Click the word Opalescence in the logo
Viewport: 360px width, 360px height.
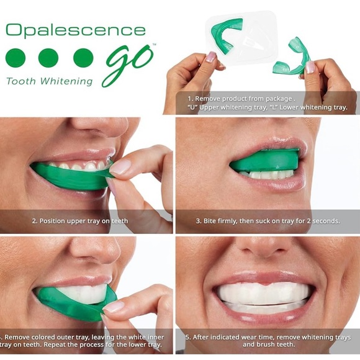pyautogui.click(x=75, y=31)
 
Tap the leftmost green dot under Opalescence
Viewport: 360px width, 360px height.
pyautogui.click(x=16, y=58)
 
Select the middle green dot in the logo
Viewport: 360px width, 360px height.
pyautogui.click(x=48, y=58)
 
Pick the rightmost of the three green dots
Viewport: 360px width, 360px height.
pyautogui.click(x=83, y=58)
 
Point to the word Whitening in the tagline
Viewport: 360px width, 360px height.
pyautogui.click(x=68, y=81)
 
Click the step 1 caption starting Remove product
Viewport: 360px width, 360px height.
pyautogui.click(x=242, y=97)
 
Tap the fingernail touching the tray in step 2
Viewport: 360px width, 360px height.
pyautogui.click(x=121, y=166)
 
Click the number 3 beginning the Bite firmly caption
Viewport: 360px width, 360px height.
pyautogui.click(x=199, y=221)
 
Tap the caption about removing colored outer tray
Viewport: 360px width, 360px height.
pyautogui.click(x=87, y=338)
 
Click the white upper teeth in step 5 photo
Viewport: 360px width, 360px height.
pyautogui.click(x=267, y=292)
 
